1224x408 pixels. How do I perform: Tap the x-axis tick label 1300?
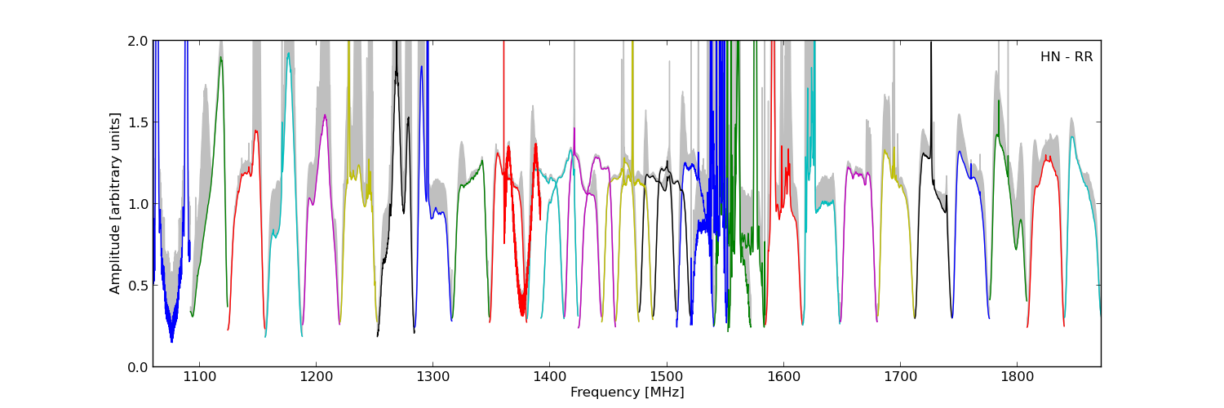(432, 377)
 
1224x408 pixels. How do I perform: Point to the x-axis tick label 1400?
(549, 377)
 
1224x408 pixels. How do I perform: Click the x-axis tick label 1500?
(666, 377)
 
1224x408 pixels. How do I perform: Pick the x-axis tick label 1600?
(783, 377)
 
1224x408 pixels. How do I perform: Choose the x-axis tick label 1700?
(900, 377)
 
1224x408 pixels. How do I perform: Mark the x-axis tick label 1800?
(1018, 377)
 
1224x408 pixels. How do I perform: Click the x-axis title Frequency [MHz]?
(627, 392)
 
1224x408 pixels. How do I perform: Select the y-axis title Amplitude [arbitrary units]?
(115, 203)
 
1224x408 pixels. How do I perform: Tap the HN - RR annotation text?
(1066, 57)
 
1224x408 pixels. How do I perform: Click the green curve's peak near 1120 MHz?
(220, 57)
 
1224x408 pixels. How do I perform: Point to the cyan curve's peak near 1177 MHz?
(288, 54)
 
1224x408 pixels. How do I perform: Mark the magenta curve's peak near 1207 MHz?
(325, 115)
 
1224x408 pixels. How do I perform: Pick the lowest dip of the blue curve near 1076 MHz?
(171, 341)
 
